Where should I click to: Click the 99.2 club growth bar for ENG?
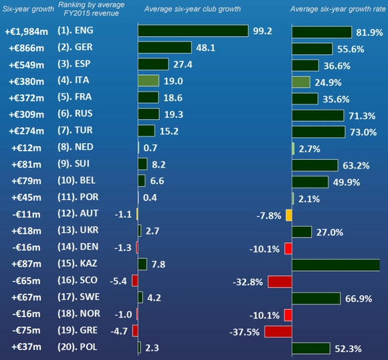click(x=193, y=31)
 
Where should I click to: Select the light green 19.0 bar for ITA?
click(x=149, y=81)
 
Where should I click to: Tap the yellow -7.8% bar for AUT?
click(x=289, y=215)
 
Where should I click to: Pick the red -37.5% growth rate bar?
click(x=278, y=332)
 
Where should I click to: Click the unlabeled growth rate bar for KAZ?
click(x=336, y=265)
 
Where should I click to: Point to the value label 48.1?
click(x=205, y=48)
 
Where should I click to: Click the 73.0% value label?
click(x=363, y=132)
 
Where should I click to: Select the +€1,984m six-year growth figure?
click(x=27, y=31)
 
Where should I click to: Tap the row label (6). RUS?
click(x=75, y=114)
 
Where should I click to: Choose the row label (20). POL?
click(x=77, y=347)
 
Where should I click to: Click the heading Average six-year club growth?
click(x=193, y=9)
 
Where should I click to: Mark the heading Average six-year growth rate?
click(x=338, y=9)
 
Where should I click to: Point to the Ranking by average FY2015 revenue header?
click(x=91, y=9)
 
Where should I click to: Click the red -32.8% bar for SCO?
click(x=280, y=282)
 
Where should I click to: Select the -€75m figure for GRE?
click(x=26, y=331)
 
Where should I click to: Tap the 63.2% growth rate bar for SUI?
click(x=315, y=165)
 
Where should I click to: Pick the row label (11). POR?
click(x=78, y=197)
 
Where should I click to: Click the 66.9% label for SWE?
click(x=359, y=299)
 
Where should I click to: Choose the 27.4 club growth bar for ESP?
click(x=153, y=64)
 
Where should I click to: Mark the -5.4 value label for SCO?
click(x=118, y=281)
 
